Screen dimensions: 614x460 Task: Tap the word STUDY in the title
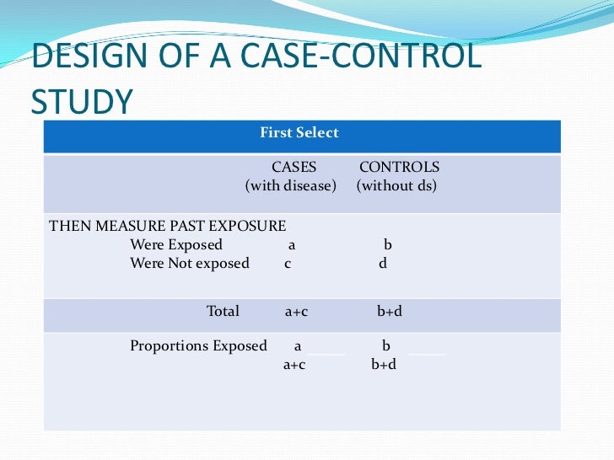click(x=82, y=101)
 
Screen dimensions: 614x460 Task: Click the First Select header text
click(x=299, y=132)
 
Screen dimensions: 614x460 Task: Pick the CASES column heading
click(x=294, y=167)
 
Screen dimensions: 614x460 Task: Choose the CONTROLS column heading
click(x=399, y=167)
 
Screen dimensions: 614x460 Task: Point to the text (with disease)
click(x=291, y=185)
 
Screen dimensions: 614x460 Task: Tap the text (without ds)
click(x=396, y=185)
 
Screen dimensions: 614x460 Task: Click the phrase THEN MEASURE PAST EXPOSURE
click(x=168, y=226)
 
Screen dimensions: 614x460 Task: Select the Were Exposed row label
click(x=176, y=244)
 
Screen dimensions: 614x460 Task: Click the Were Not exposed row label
click(x=190, y=263)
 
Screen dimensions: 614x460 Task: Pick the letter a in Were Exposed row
click(x=291, y=245)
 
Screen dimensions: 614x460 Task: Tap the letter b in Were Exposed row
click(x=388, y=245)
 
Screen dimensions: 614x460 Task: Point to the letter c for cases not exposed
click(x=288, y=264)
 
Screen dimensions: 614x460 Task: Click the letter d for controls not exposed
click(x=383, y=264)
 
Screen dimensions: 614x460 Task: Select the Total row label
click(x=223, y=311)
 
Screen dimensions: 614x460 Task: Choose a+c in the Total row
click(x=296, y=312)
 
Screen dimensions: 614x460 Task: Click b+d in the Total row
click(x=390, y=312)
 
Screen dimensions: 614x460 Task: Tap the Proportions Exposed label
click(x=198, y=345)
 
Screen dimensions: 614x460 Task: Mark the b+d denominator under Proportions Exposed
click(x=384, y=365)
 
